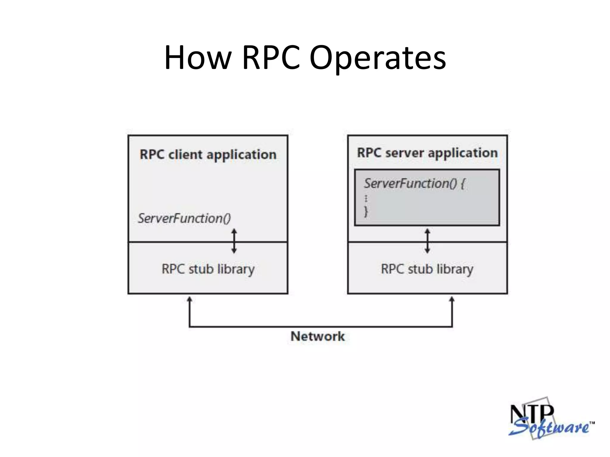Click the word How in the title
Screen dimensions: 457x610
(198, 58)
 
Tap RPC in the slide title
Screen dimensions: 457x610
(271, 58)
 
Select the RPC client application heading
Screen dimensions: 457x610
(208, 155)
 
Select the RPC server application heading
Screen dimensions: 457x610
(427, 153)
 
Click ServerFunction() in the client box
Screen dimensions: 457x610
(184, 218)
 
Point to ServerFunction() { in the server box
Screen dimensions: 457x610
(414, 183)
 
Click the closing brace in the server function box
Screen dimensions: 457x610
(366, 212)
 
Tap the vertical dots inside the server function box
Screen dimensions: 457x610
(366, 198)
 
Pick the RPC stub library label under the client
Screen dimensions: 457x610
(208, 269)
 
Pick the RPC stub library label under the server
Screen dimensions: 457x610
(427, 269)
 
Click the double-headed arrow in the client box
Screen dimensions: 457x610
(234, 241)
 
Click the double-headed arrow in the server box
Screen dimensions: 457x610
(427, 241)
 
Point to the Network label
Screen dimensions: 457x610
(318, 337)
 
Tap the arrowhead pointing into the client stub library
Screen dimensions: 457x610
(189, 299)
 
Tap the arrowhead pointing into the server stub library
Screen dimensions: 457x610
(452, 299)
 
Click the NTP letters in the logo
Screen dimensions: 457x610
(532, 414)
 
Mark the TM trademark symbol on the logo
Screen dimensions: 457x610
(592, 423)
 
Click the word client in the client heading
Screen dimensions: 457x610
(186, 155)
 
